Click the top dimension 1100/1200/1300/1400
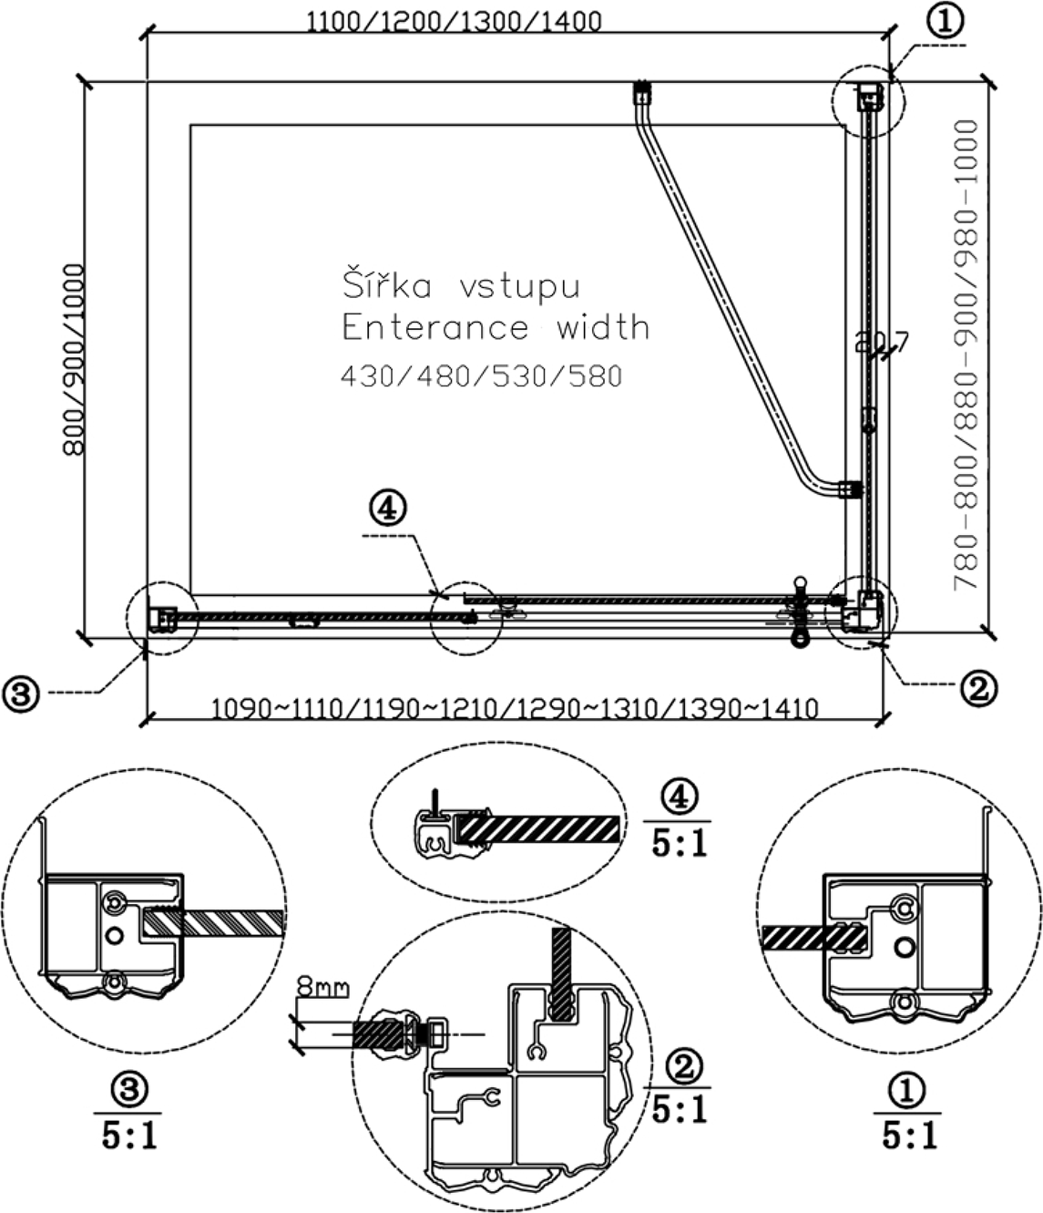point(453,21)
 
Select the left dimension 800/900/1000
point(73,358)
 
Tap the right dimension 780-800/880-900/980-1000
point(966,355)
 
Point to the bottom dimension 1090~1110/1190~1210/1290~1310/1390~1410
point(515,708)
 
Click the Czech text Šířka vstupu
point(461,286)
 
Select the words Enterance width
point(496,327)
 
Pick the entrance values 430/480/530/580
point(481,375)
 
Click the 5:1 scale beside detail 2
point(680,1109)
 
